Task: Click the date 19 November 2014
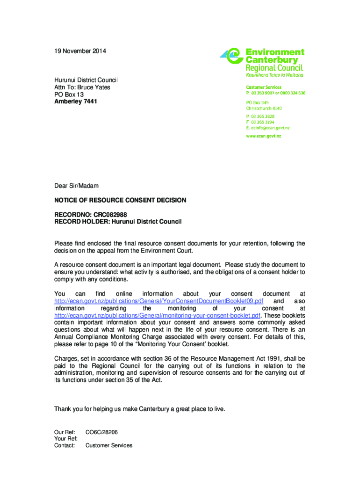[x=80, y=51]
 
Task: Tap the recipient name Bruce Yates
[x=94, y=87]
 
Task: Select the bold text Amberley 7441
[x=76, y=102]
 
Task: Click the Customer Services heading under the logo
[x=264, y=87]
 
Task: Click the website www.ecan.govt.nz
[x=264, y=136]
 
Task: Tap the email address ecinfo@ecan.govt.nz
[x=268, y=128]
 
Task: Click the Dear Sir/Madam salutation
[x=76, y=186]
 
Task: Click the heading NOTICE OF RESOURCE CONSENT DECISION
[x=120, y=200]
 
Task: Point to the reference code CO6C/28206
[x=101, y=431]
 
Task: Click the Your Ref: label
[x=66, y=438]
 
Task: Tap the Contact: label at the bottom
[x=65, y=445]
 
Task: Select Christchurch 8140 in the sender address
[x=264, y=108]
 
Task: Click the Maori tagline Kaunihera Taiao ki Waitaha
[x=274, y=75]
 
